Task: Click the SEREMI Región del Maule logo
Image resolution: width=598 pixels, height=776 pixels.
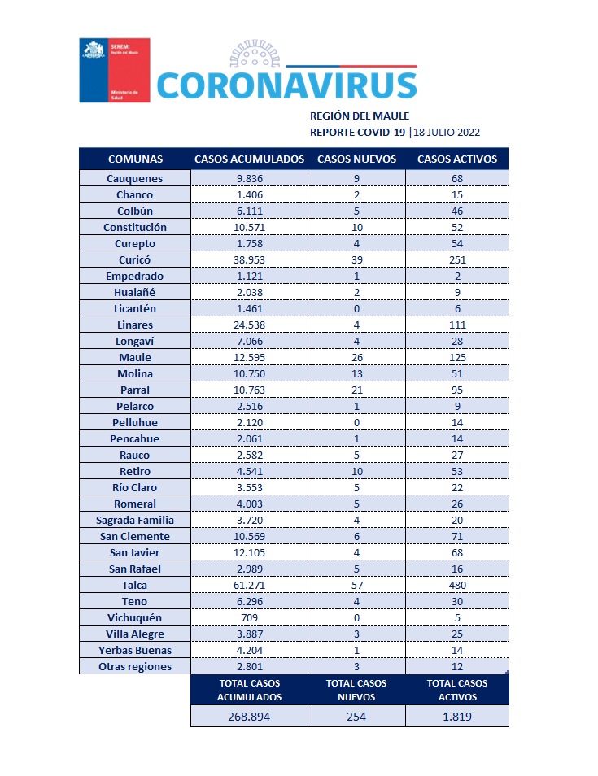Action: pos(114,71)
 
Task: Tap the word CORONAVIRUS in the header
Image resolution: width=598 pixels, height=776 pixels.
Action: pos(286,85)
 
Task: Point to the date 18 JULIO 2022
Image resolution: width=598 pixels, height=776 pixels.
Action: pos(446,132)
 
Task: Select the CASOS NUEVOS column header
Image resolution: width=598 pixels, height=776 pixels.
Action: pos(356,159)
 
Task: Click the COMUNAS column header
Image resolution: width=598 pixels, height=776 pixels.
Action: pos(135,159)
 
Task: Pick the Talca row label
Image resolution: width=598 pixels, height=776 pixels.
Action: pos(135,585)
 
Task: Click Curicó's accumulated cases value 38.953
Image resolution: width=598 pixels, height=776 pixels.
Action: pos(249,259)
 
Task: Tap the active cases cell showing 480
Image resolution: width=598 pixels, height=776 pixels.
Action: pos(456,585)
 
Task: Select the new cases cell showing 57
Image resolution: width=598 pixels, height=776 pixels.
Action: pos(356,585)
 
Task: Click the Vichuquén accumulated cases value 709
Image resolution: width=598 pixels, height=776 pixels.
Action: pos(249,617)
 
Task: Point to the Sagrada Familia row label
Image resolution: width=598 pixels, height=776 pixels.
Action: pos(135,520)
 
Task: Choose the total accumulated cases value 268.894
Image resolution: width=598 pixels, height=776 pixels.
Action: pos(249,717)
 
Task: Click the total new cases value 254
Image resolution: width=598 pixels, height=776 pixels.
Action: pos(356,717)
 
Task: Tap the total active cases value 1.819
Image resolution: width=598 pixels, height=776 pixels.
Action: pos(456,717)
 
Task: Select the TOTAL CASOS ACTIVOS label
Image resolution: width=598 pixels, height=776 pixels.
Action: pos(456,690)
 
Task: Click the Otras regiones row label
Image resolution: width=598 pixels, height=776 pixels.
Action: pos(135,666)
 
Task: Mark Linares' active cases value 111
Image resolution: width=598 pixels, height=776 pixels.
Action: pos(456,325)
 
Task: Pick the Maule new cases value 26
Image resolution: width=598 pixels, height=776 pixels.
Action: pos(356,357)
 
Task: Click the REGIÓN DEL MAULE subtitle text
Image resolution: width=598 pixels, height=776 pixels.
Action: pos(360,116)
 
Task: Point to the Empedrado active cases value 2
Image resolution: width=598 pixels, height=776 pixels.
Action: pos(456,276)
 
